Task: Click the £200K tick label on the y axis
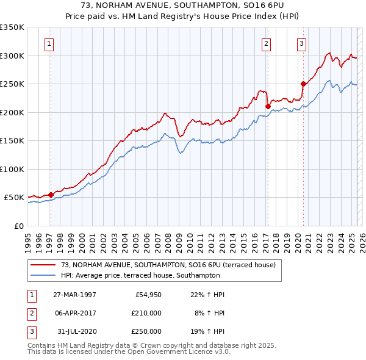12,112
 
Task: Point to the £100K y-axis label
12,169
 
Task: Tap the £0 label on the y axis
18,226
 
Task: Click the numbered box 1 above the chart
49,43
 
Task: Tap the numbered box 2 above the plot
267,43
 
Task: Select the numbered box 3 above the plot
302,43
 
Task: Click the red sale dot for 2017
268,106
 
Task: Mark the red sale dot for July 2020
303,84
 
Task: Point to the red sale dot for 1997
51,195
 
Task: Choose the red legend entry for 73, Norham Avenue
168,265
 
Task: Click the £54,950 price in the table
147,295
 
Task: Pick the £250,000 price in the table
147,331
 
